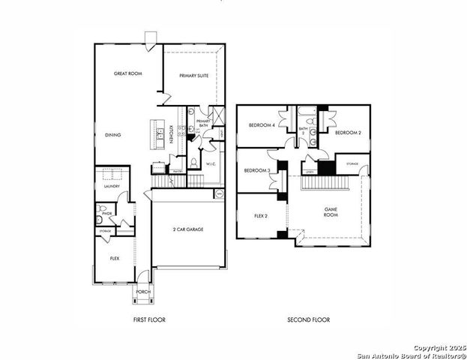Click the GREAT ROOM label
click(129, 74)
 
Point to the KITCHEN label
click(172, 134)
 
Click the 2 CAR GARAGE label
click(189, 229)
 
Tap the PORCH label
click(142, 292)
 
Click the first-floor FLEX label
click(115, 258)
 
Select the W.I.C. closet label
click(211, 163)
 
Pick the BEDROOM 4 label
click(262, 124)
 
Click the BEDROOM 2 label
click(348, 133)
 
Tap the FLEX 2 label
click(260, 216)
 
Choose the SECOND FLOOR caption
click(308, 320)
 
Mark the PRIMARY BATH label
click(203, 123)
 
